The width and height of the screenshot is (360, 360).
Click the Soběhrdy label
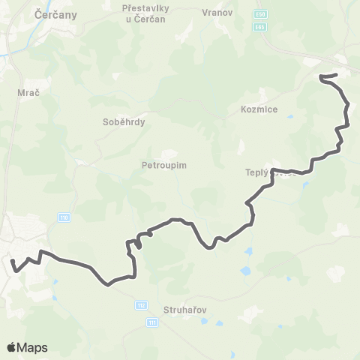point(124,121)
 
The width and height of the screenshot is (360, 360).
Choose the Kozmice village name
point(260,109)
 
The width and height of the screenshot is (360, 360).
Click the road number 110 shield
point(65,217)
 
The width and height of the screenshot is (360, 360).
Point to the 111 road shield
point(153,322)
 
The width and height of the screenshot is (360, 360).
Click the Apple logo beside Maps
point(12,346)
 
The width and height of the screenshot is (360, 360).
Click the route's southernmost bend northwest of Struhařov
point(109,284)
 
